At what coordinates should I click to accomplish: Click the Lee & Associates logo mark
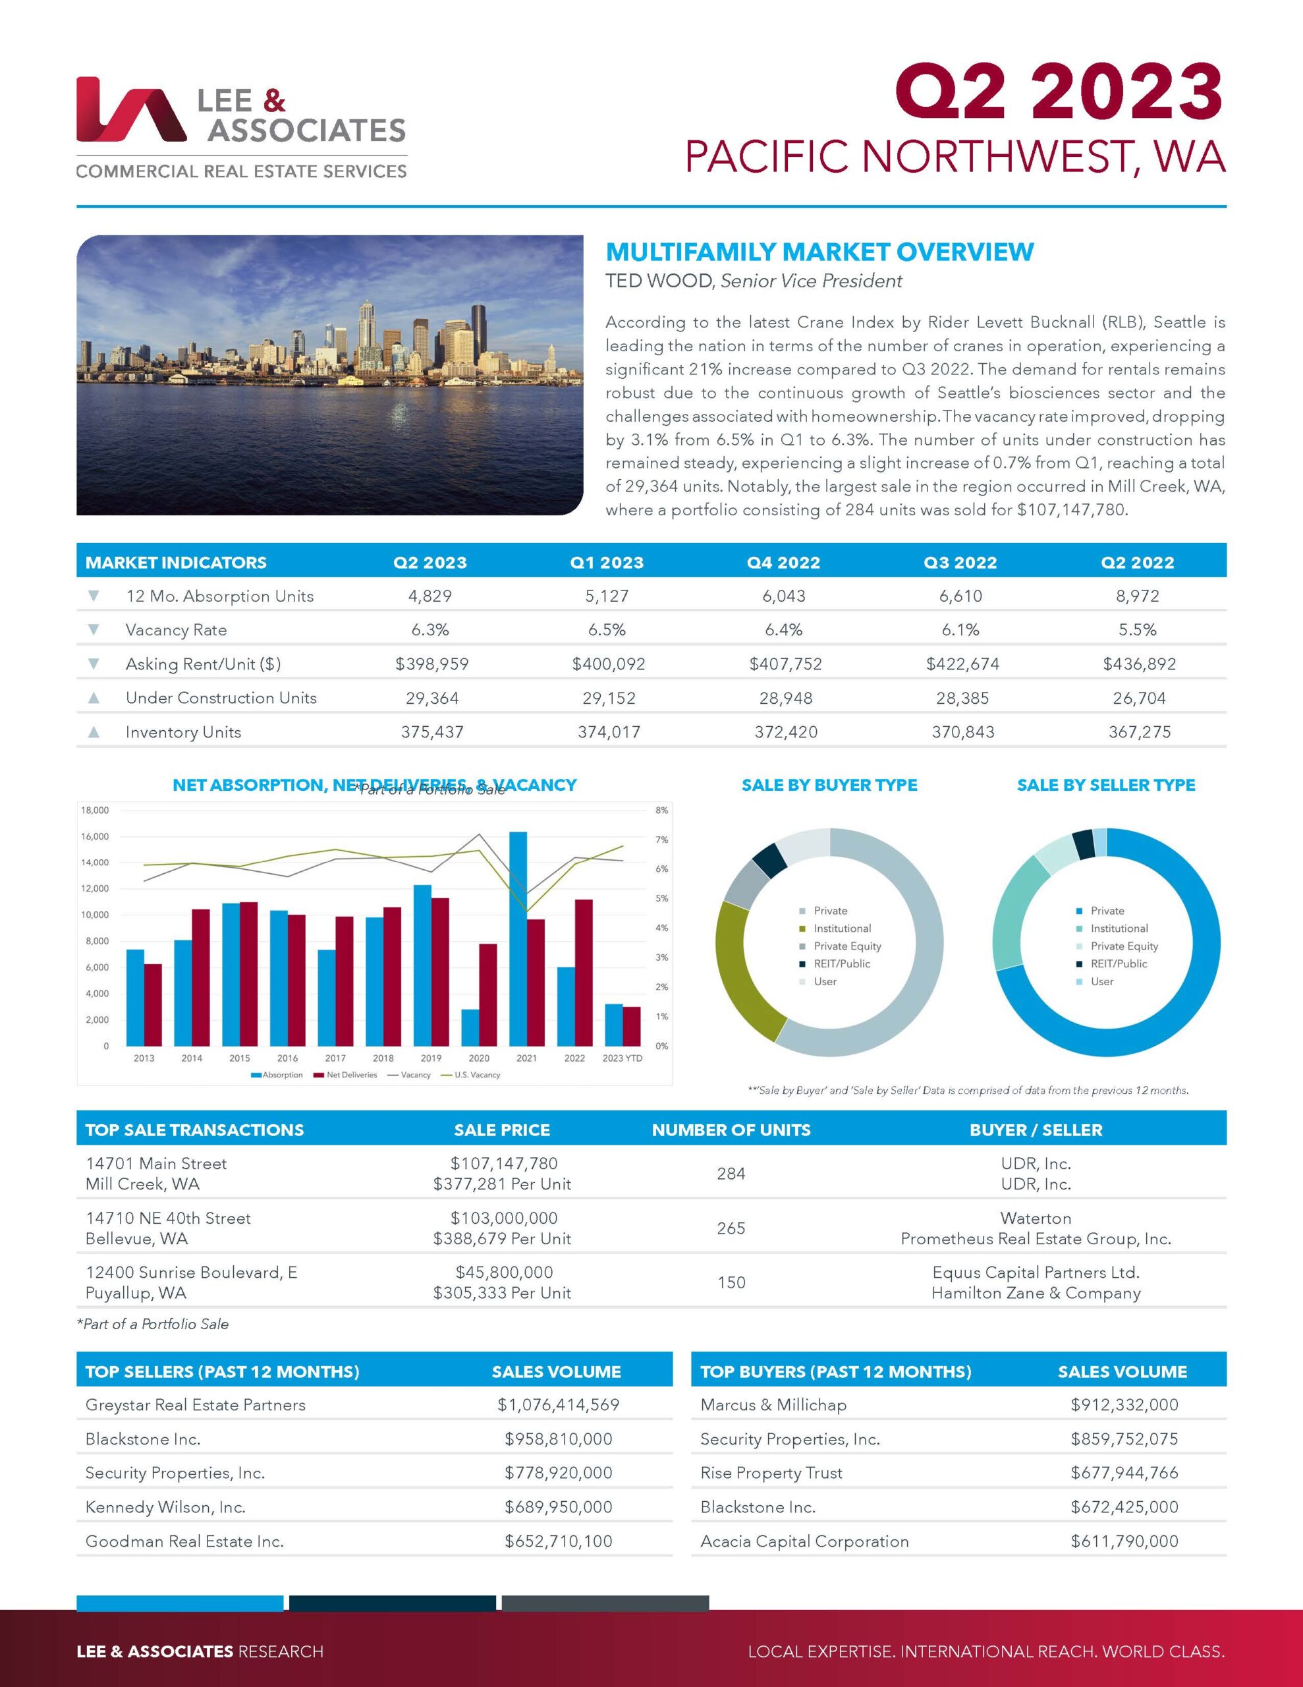pyautogui.click(x=130, y=109)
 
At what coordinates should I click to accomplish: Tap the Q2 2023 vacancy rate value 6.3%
pyautogui.click(x=430, y=629)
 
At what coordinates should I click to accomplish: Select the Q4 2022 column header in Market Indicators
pyautogui.click(x=783, y=562)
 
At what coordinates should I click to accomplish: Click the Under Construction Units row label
pyautogui.click(x=221, y=697)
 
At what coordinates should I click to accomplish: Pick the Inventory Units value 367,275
pyautogui.click(x=1139, y=731)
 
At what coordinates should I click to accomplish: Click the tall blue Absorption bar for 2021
pyautogui.click(x=518, y=938)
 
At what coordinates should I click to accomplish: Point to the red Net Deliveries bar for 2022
pyautogui.click(x=584, y=972)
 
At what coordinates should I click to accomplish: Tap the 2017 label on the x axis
pyautogui.click(x=335, y=1058)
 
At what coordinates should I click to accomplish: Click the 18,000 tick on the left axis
pyautogui.click(x=94, y=811)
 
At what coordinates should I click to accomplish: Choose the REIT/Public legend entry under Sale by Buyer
pyautogui.click(x=841, y=963)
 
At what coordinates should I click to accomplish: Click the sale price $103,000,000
pyautogui.click(x=503, y=1218)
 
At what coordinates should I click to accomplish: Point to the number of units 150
pyautogui.click(x=731, y=1282)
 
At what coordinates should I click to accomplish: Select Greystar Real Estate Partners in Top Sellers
pyautogui.click(x=196, y=1404)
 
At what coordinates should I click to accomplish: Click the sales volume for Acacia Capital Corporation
pyautogui.click(x=1124, y=1541)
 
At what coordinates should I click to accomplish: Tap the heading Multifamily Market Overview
pyautogui.click(x=819, y=252)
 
